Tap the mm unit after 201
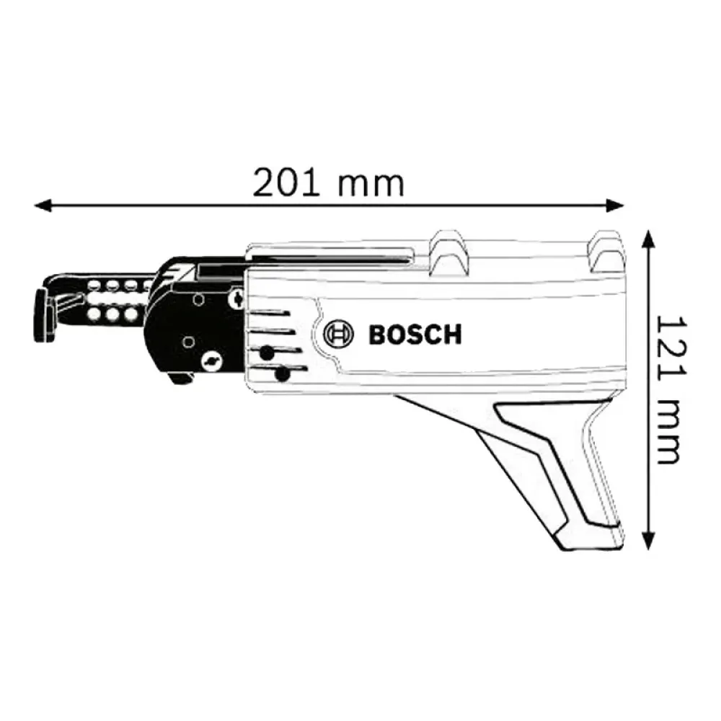point(372,183)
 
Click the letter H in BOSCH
point(451,335)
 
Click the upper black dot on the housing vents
point(267,353)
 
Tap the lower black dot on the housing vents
point(283,374)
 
